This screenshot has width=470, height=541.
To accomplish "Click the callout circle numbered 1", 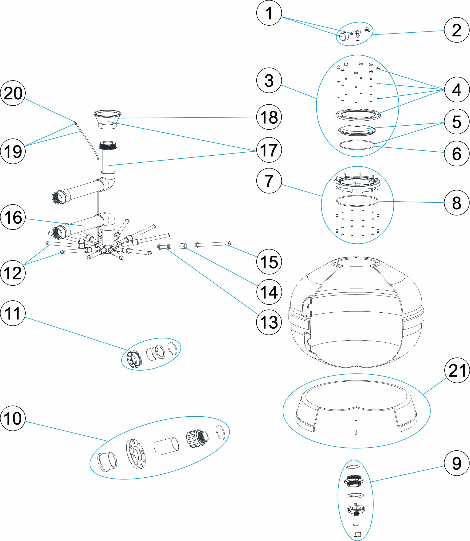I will (x=269, y=13).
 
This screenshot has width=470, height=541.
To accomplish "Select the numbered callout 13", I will (x=269, y=322).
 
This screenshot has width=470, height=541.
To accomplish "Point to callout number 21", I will (x=457, y=370).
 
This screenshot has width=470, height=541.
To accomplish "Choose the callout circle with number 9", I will (x=457, y=464).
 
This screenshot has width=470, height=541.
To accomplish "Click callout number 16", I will (x=13, y=217).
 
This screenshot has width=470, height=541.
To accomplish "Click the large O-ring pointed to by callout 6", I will (x=357, y=145).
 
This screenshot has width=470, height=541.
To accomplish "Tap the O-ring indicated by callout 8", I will (x=357, y=201).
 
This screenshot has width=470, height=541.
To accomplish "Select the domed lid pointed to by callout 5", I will (x=357, y=129).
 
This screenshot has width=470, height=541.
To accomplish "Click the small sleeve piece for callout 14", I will (x=183, y=246).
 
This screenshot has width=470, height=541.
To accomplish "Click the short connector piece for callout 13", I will (x=164, y=247).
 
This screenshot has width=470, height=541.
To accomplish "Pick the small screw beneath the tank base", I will (x=356, y=433).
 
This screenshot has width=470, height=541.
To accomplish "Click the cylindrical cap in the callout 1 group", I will (x=344, y=37).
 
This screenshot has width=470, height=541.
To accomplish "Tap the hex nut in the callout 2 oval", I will (x=367, y=30).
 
